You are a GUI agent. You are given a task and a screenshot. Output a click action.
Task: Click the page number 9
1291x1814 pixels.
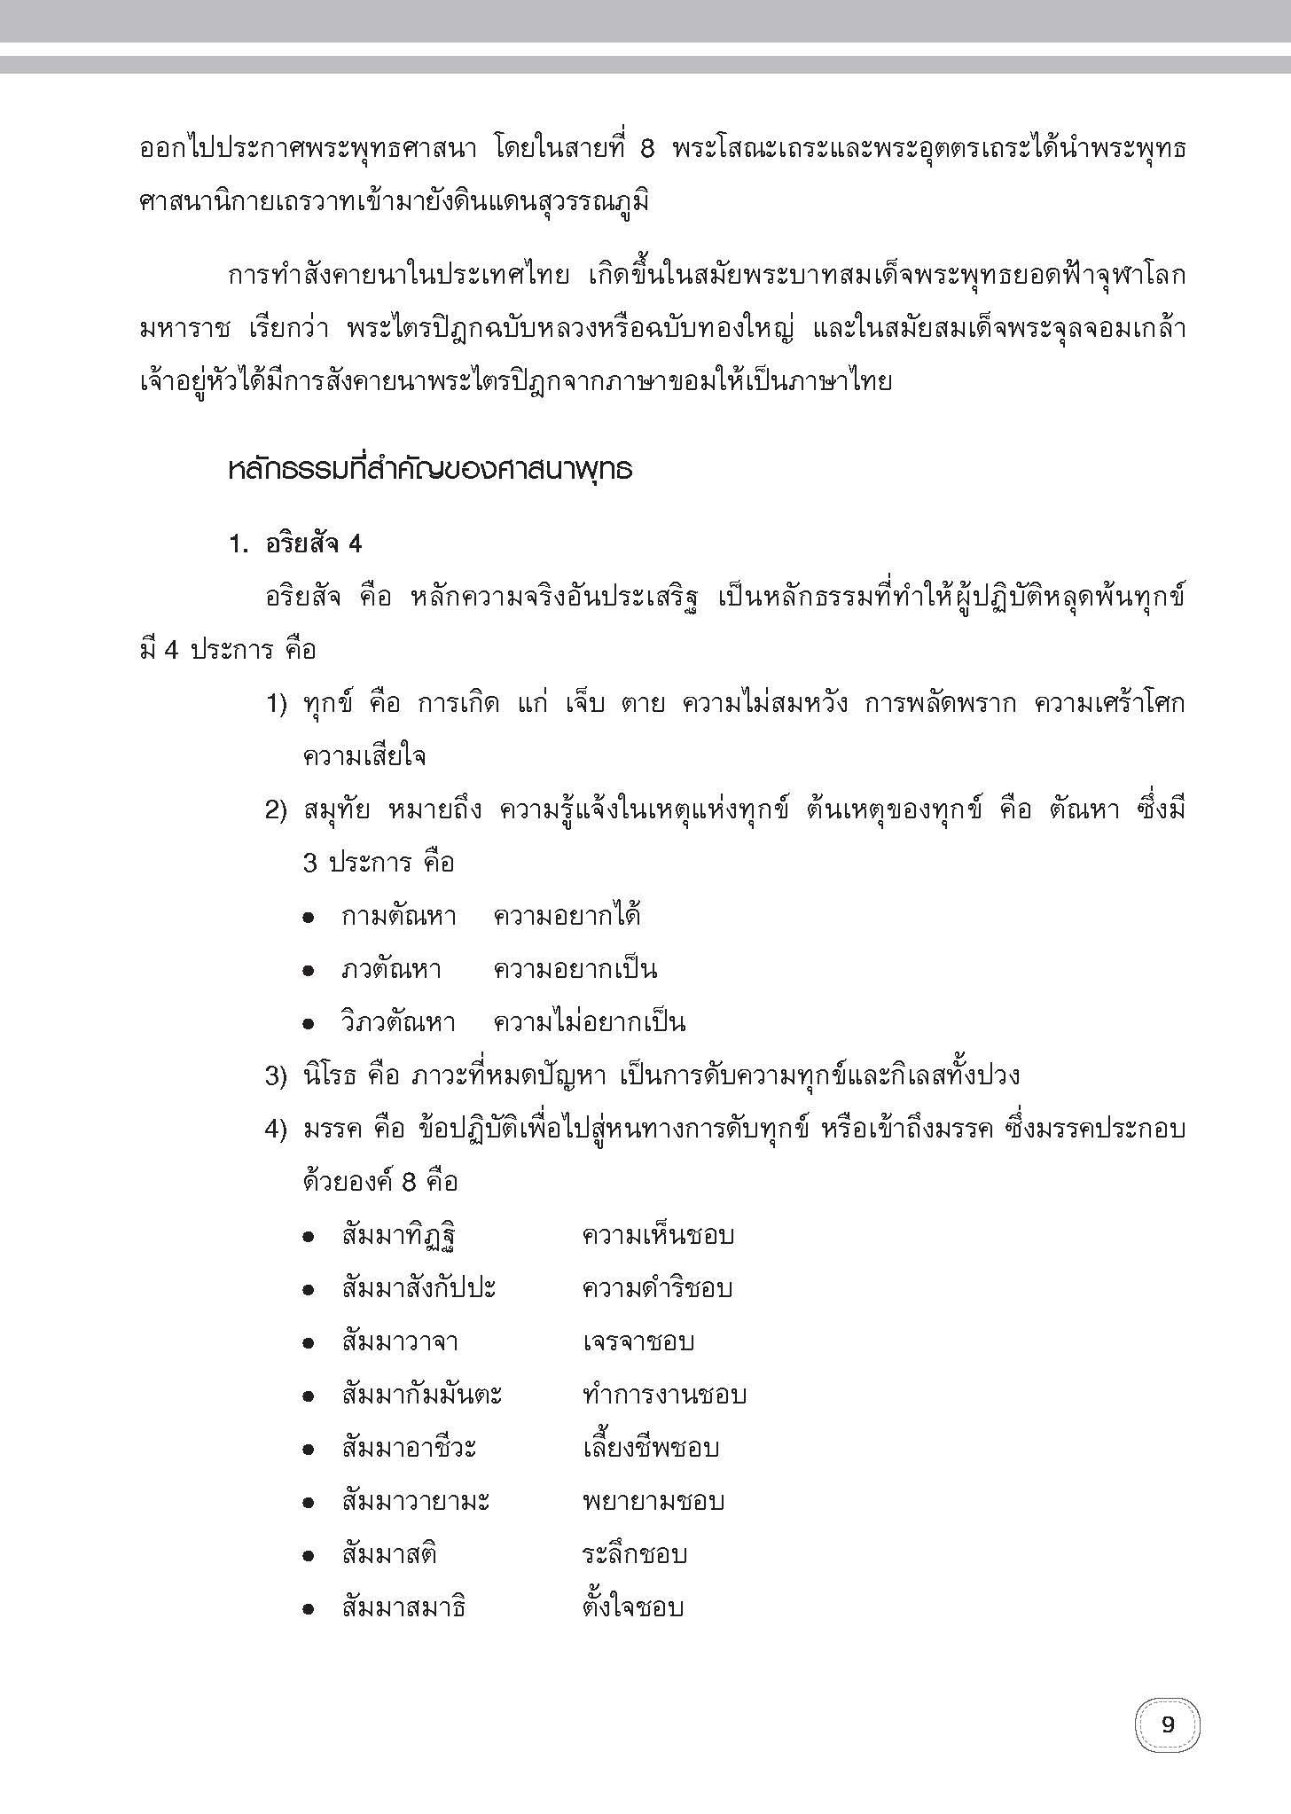tap(1167, 1725)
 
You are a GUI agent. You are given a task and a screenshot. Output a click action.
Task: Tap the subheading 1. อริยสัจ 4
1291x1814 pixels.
tap(295, 544)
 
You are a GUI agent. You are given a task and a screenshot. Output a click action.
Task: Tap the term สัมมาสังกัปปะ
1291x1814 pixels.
tap(419, 1289)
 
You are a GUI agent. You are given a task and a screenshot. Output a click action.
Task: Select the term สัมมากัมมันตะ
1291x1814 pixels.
tap(422, 1396)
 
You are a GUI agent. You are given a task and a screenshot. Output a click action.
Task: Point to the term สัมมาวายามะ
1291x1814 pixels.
tap(416, 1502)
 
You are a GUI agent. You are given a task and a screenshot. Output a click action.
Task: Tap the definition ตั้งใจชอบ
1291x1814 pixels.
tap(633, 1608)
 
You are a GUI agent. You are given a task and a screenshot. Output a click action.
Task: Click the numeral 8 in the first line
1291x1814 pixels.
tap(645, 150)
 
